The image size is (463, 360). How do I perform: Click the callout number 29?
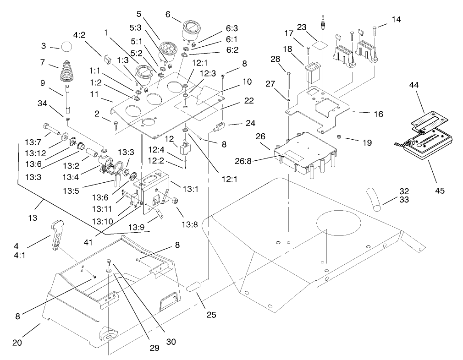pyautogui.click(x=154, y=348)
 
